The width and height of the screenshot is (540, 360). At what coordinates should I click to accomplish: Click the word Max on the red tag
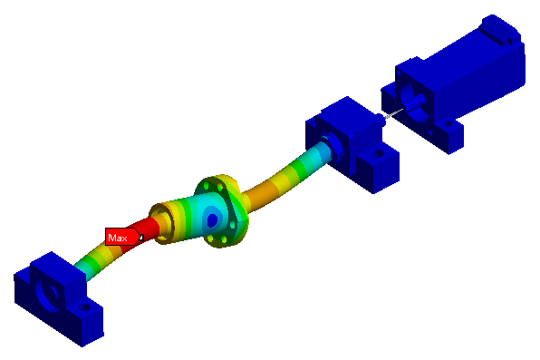point(118,238)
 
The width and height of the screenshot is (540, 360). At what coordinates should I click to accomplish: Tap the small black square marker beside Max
point(140,238)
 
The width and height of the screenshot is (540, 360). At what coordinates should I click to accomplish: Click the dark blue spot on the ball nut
point(212,219)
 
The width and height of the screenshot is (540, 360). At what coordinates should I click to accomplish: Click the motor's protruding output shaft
point(416,102)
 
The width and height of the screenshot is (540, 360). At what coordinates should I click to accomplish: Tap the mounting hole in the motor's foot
point(448,123)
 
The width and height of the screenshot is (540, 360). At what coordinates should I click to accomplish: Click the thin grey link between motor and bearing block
point(393,113)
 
